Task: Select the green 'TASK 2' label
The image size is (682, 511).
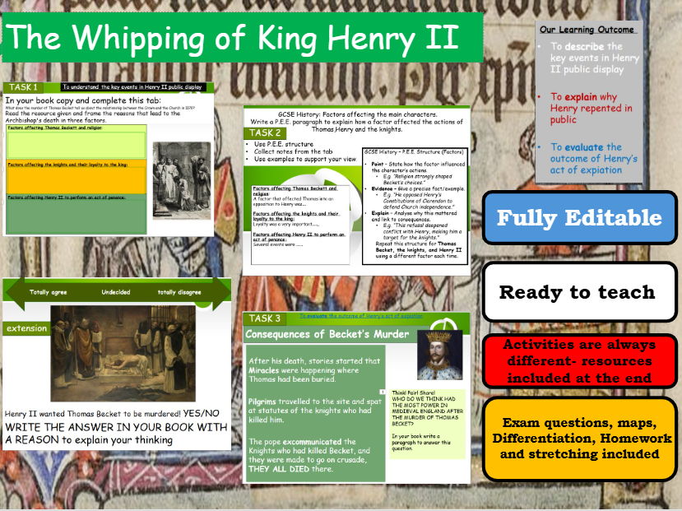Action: [267, 132]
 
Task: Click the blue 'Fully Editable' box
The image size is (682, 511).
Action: [579, 218]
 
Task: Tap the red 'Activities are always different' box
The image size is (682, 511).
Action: [579, 361]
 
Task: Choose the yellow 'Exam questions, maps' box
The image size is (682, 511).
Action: [579, 438]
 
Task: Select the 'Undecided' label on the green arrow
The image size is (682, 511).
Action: [116, 291]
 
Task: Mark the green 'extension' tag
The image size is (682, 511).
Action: [26, 328]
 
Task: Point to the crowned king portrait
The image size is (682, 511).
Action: [435, 355]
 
